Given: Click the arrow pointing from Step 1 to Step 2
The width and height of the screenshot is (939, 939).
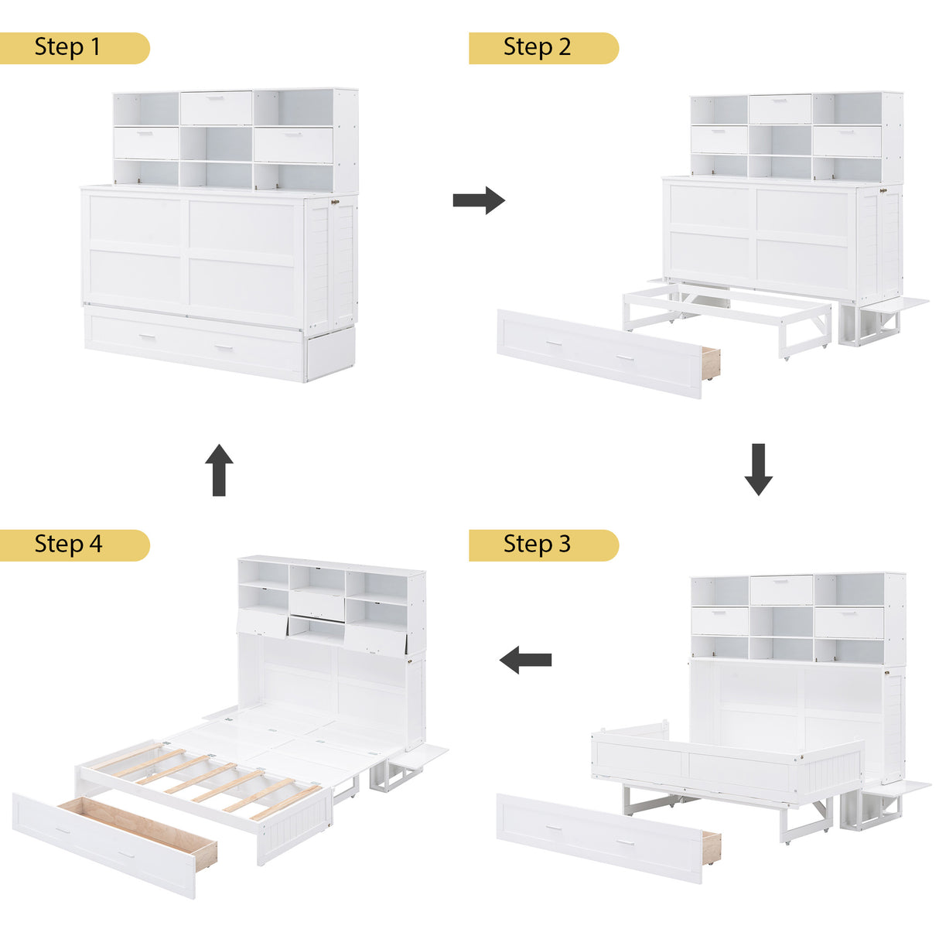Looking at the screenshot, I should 478,200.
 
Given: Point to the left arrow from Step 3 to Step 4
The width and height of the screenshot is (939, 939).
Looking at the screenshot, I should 525,661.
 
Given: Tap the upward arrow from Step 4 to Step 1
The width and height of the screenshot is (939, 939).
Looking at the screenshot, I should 219,469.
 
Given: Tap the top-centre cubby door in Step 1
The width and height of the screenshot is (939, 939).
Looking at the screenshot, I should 216,108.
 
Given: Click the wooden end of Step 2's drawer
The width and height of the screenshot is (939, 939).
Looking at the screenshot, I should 710,364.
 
